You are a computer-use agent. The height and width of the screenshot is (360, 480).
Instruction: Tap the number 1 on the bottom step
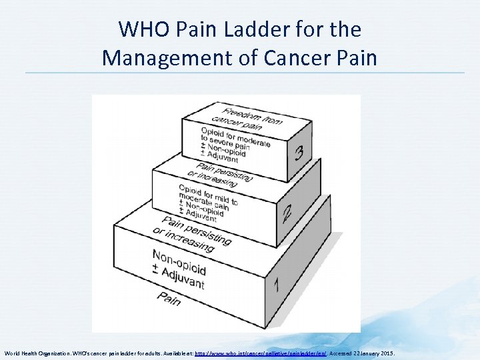[276, 285]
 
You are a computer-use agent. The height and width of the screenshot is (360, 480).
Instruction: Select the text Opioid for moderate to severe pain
[235, 137]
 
